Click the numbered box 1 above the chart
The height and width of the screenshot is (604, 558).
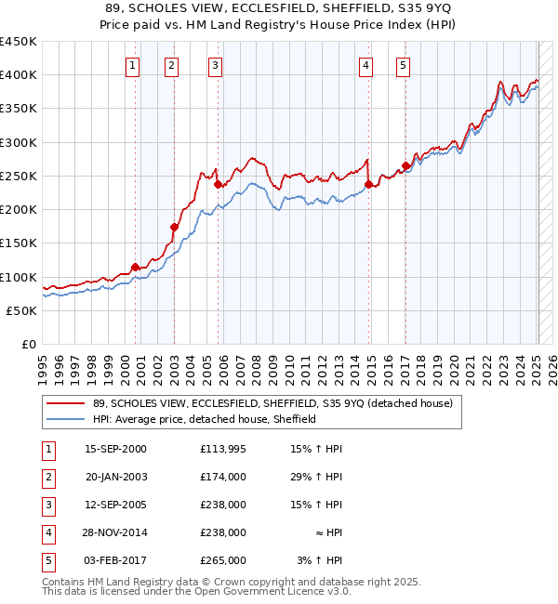click(134, 65)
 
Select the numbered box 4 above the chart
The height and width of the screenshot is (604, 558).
click(366, 65)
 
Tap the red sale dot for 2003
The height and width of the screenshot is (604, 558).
click(174, 227)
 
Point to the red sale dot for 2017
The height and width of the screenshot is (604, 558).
click(405, 166)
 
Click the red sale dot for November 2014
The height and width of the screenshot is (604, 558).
click(369, 184)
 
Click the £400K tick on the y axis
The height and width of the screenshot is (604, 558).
click(19, 75)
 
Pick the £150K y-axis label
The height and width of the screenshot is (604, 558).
click(19, 243)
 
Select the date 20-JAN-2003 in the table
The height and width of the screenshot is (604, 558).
click(116, 477)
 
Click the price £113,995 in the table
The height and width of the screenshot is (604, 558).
click(222, 449)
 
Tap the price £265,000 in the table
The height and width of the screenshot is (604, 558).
click(222, 560)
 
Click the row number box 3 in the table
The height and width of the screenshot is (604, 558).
click(47, 505)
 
